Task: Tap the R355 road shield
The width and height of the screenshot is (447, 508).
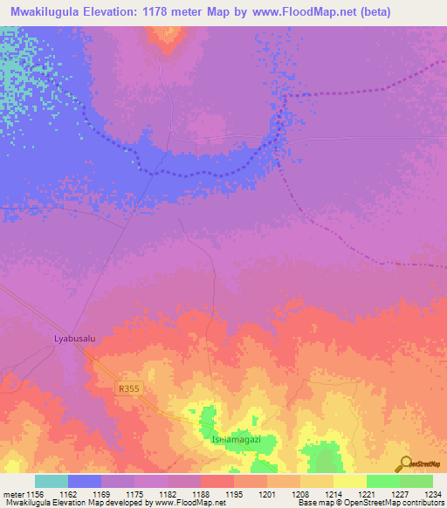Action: click(128, 388)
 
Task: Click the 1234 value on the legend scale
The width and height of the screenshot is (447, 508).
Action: click(432, 495)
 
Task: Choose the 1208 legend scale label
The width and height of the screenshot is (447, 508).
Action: click(299, 495)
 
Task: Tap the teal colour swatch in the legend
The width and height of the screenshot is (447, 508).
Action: click(52, 481)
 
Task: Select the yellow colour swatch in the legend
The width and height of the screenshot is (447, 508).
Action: click(349, 481)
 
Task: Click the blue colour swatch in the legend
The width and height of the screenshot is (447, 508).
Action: click(85, 481)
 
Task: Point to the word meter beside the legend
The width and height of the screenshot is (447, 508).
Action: click(13, 495)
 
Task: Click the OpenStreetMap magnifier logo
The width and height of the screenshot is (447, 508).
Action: click(403, 463)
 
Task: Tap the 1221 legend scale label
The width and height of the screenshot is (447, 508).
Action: click(366, 495)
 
